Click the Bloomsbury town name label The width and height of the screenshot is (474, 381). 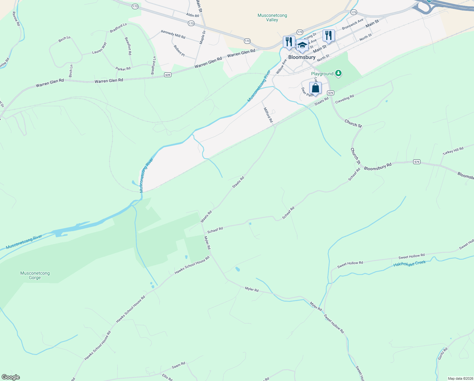pos(302,57)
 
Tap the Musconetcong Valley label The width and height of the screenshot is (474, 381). pos(272,17)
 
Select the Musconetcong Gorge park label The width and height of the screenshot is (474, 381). pos(35,275)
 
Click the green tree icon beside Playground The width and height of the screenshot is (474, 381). pos(339,74)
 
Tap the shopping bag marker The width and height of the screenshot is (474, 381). pos(315,88)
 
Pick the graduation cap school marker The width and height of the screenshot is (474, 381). pos(302,45)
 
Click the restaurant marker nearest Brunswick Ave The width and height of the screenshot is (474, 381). pos(329,36)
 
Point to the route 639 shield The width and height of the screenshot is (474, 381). pos(168,75)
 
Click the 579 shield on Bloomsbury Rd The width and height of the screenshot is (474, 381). pos(417,162)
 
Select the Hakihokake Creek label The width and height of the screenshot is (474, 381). pos(410,264)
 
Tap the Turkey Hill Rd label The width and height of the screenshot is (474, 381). pos(453,150)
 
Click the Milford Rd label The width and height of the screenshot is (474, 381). pos(268,115)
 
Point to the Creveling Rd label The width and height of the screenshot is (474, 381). pos(344,99)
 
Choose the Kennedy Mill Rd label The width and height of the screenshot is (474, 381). pos(173,34)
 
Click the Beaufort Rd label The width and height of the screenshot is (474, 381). pos(128,46)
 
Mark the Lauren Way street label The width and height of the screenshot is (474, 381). pos(99,48)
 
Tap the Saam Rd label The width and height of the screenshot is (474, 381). pos(178,365)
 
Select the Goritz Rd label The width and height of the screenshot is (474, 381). pos(443,353)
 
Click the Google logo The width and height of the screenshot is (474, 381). pos(10,377)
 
